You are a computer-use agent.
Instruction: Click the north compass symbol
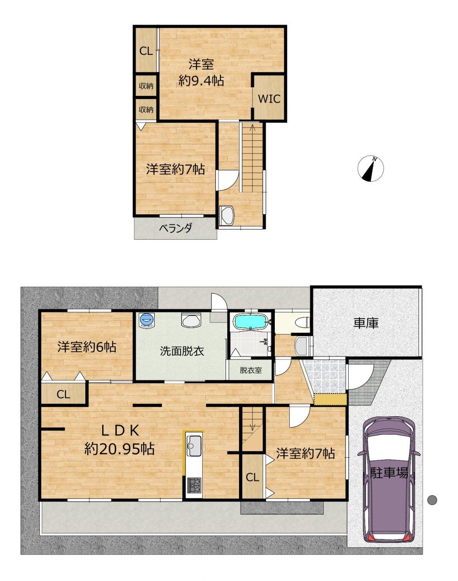coord(370,168)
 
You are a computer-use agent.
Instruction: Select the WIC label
coord(269,99)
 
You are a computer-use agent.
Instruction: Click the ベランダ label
coord(175,228)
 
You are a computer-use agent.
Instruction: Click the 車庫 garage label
coord(366,323)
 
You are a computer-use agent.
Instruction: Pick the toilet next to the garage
coord(302,322)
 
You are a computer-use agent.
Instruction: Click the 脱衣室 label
coord(251,370)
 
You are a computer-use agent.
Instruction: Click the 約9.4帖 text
coord(201,80)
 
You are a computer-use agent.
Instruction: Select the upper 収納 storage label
coord(146,86)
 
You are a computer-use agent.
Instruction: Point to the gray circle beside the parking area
coord(432,500)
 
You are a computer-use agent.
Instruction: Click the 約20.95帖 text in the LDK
coord(120,449)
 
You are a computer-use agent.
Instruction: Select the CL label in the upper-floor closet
coord(146,51)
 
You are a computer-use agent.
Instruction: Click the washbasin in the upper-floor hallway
coord(227,215)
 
